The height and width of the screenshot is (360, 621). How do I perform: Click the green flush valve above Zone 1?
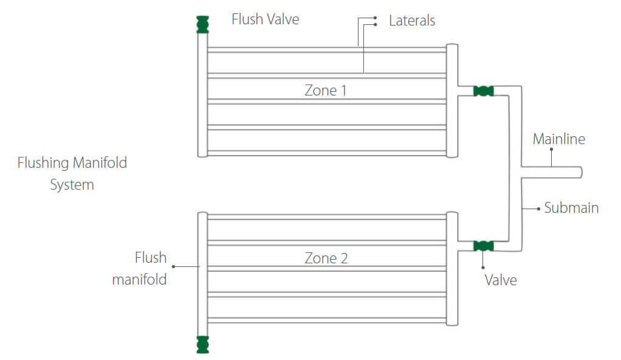[x=202, y=24]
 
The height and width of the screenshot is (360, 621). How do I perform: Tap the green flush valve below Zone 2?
[x=202, y=344]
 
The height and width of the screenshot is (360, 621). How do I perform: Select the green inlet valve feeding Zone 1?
[x=483, y=91]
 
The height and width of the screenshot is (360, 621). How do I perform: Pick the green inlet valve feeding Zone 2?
[x=483, y=246]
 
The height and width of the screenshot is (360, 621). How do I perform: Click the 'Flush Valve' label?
[x=266, y=19]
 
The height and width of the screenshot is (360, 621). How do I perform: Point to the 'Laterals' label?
[x=412, y=21]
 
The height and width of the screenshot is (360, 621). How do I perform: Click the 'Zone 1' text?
[x=326, y=91]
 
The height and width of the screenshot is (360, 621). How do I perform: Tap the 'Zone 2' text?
[x=326, y=258]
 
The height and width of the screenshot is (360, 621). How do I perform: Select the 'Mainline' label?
[x=559, y=139]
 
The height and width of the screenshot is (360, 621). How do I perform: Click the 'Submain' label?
[x=571, y=208]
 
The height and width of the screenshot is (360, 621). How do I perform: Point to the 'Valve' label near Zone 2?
[x=501, y=280]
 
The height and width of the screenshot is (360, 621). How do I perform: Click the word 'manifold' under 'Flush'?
[x=139, y=280]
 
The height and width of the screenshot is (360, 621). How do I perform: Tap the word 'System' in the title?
[x=72, y=185]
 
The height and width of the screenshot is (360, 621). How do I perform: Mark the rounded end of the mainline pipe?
[x=580, y=173]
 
